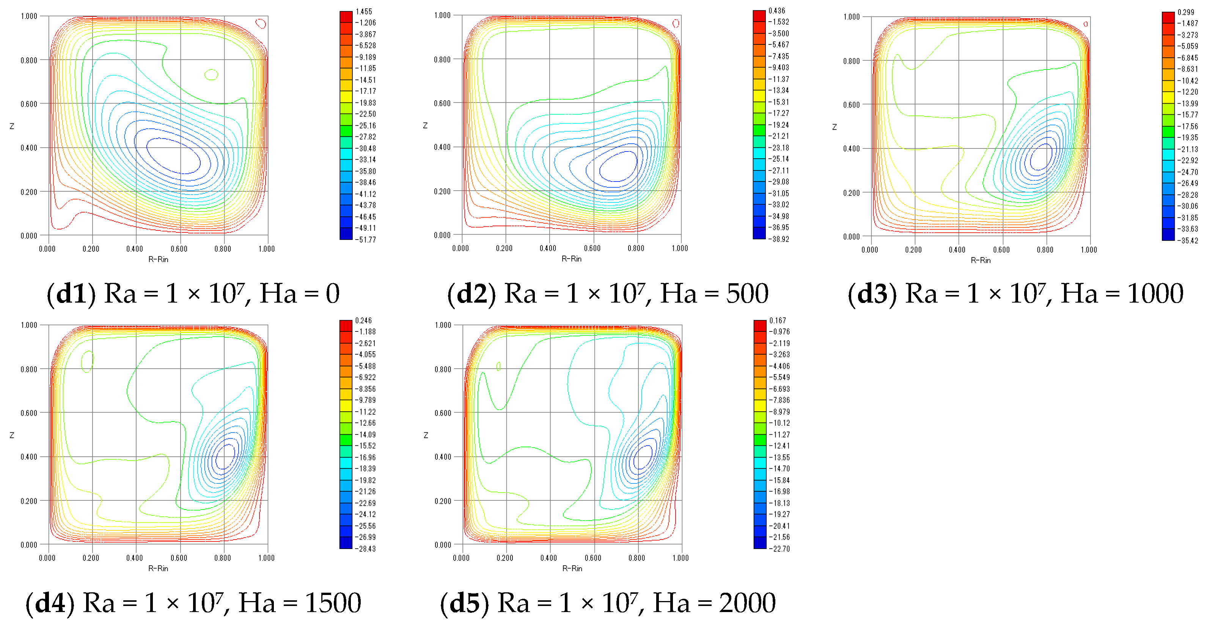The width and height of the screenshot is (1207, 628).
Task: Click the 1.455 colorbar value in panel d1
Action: coord(364,11)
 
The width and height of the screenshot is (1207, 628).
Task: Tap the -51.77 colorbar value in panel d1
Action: coord(365,240)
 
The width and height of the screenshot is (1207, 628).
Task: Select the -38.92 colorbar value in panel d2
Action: coord(779,239)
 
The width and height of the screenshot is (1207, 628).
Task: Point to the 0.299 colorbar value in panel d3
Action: coord(1186,12)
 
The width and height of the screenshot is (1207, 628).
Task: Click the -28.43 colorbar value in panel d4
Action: coord(365,549)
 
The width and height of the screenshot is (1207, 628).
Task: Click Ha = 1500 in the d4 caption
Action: coord(300,603)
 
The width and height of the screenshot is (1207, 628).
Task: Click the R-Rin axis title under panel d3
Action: coord(980,260)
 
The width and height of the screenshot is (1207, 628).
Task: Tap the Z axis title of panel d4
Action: coord(12,435)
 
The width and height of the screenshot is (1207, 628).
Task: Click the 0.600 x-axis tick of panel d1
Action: coord(179,249)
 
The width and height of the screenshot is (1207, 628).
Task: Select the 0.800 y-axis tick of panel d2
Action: coord(442,60)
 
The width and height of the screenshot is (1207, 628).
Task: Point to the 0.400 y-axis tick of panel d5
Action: coord(442,457)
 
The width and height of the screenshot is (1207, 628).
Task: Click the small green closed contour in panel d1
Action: coord(211,74)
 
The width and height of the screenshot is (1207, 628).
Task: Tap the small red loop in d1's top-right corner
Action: coord(261,23)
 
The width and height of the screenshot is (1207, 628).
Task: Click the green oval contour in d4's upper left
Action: coord(87,361)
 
